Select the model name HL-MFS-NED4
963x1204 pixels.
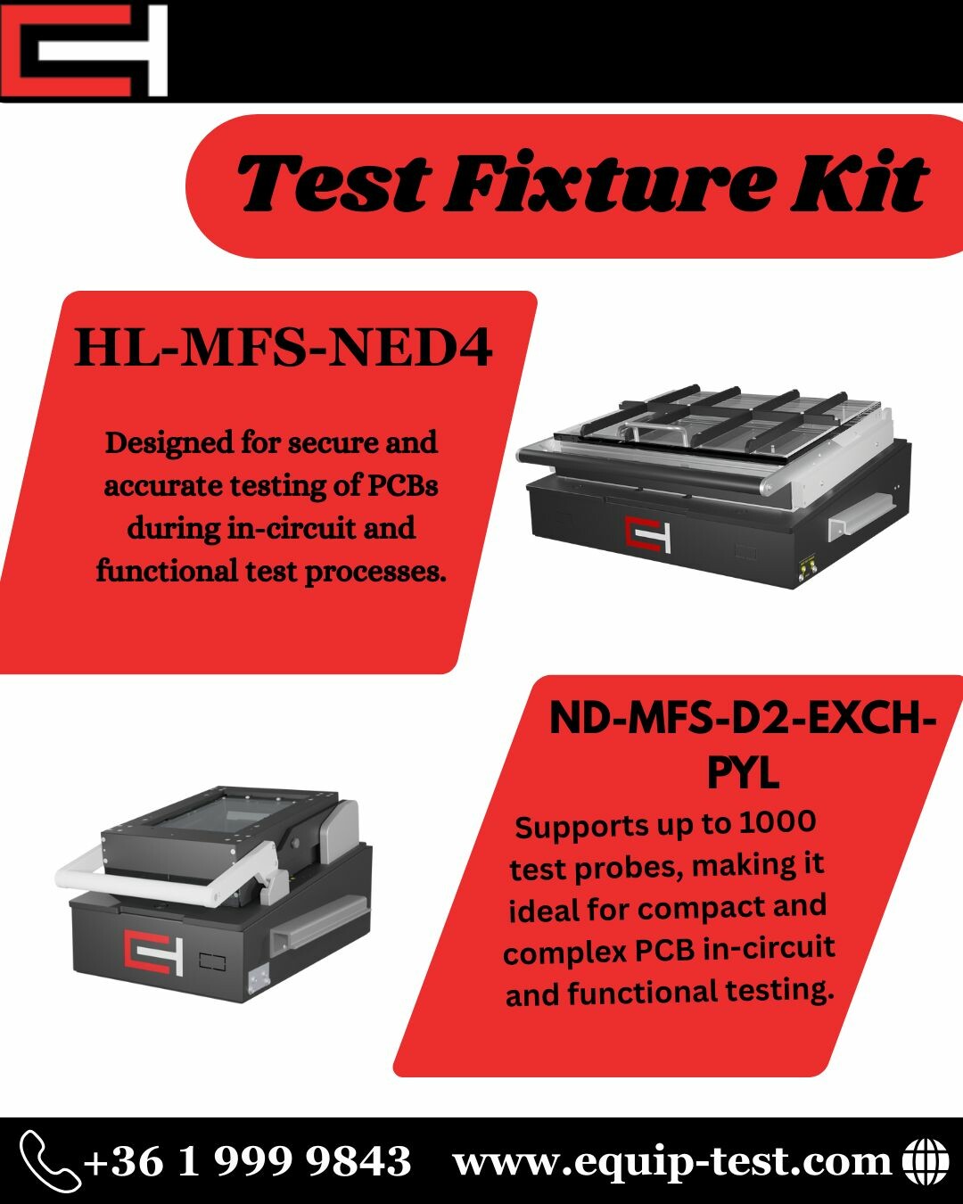click(x=284, y=348)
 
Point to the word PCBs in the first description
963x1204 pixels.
click(x=402, y=485)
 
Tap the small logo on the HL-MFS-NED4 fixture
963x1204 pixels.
click(x=647, y=535)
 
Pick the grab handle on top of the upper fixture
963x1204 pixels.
click(x=655, y=433)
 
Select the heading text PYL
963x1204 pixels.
click(x=744, y=772)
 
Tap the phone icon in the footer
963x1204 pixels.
click(x=49, y=1160)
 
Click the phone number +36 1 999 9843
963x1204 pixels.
click(x=247, y=1161)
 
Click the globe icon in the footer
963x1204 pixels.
click(x=926, y=1161)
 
